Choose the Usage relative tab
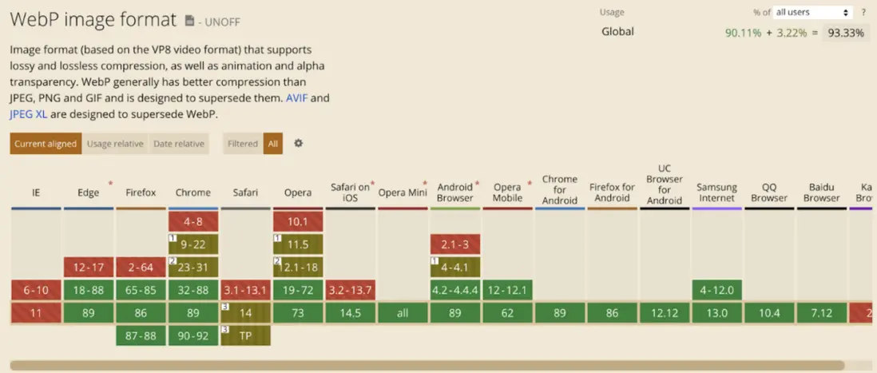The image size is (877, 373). click(x=116, y=144)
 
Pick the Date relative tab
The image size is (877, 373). click(x=178, y=144)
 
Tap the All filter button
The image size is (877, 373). click(x=273, y=144)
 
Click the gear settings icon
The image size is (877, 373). click(x=299, y=143)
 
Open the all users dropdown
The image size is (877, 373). click(x=812, y=13)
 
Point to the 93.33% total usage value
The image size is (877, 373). click(x=847, y=33)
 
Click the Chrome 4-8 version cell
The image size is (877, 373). click(x=192, y=221)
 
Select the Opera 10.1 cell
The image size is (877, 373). click(x=298, y=221)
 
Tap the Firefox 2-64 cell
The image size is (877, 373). click(x=141, y=267)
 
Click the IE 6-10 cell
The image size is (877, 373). click(x=36, y=290)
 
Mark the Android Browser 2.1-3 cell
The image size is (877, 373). click(x=454, y=244)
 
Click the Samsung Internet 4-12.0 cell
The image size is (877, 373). click(x=716, y=290)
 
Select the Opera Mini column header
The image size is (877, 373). click(x=403, y=192)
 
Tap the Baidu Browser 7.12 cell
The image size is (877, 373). click(x=821, y=313)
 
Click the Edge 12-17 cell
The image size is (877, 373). click(x=88, y=267)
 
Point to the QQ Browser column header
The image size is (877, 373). click(x=769, y=192)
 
